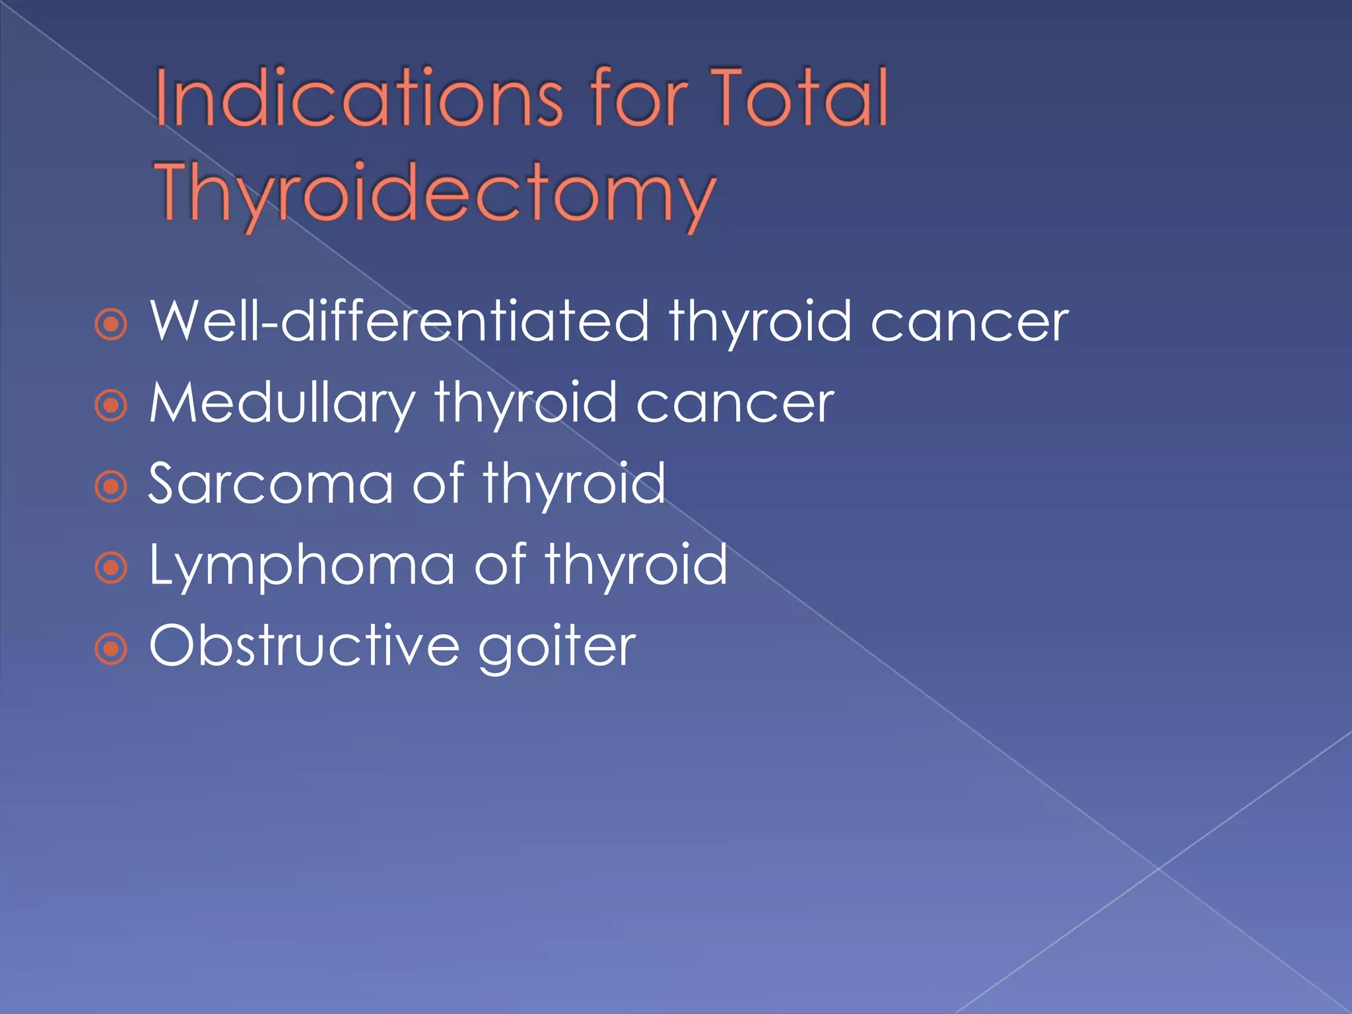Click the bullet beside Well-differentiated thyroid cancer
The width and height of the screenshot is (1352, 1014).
[x=111, y=324]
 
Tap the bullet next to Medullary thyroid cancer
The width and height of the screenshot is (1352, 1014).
[x=111, y=405]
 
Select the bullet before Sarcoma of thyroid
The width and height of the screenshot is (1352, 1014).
[x=111, y=487]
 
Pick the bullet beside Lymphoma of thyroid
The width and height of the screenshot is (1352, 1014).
[x=111, y=568]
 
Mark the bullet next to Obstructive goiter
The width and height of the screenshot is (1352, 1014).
[x=111, y=649]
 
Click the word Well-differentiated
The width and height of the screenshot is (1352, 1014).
[x=399, y=321]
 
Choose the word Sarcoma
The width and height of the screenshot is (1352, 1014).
[x=271, y=484]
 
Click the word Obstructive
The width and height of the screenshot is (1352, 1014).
[x=304, y=646]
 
